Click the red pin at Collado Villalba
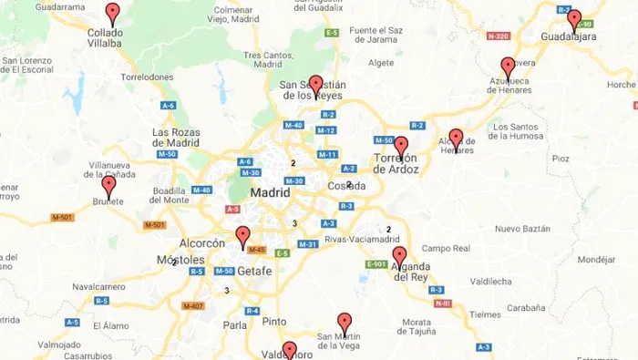coord(112,14)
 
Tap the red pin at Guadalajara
coord(573,20)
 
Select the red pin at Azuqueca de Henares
coord(508,67)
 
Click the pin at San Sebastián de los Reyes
coord(315,86)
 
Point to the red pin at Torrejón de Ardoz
coord(401,147)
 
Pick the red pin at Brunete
coord(108,186)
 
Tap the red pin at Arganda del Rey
coord(399,257)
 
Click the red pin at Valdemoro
coord(289,351)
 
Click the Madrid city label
coord(270,193)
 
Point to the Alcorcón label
coord(201,243)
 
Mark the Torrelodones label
coord(147,77)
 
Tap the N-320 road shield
coord(498,36)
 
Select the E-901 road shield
coord(376,264)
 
